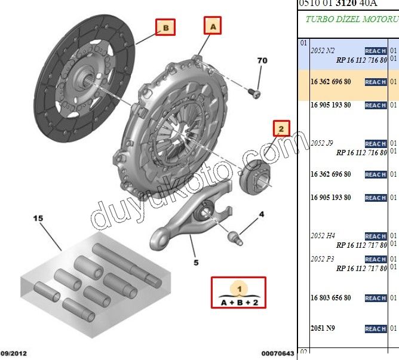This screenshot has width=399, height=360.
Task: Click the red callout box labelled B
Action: tap(165, 27)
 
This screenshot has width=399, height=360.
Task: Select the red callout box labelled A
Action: tap(213, 26)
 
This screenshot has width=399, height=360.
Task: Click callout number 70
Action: tap(262, 61)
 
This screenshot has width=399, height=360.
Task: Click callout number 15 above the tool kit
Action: tap(38, 219)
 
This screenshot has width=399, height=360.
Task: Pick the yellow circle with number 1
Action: tap(239, 288)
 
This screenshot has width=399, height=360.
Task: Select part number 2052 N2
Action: tap(323, 51)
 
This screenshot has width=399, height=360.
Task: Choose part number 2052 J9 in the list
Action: tap(323, 143)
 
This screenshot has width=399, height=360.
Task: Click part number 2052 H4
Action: tap(323, 236)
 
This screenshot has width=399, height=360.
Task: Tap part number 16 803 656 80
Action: tap(331, 297)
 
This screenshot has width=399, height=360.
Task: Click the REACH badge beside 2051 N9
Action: tap(376, 329)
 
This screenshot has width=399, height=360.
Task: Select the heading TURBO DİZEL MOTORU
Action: tap(352, 19)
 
